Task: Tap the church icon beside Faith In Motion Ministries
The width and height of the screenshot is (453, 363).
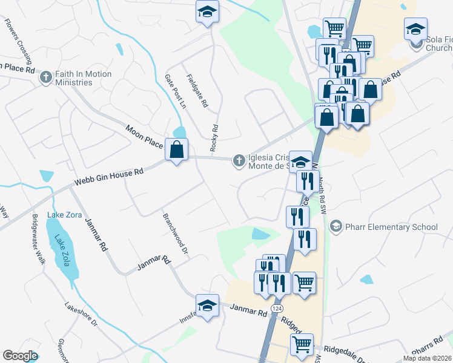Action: pos(45,77)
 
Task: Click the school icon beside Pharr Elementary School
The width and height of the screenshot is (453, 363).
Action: pos(336,227)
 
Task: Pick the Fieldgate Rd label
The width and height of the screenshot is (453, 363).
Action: pos(197,91)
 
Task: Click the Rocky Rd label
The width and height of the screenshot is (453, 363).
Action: pos(214,138)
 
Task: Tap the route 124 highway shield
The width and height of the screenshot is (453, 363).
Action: pos(276,309)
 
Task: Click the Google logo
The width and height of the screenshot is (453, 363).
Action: pos(20,356)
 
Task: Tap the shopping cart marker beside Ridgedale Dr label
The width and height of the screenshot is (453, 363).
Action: pos(302,344)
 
